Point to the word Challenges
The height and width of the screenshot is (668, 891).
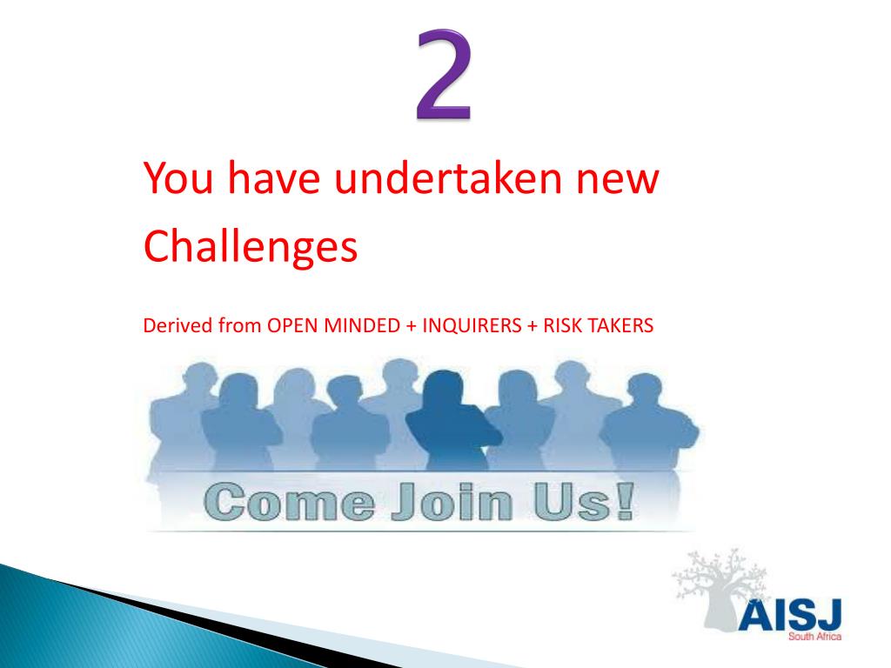tap(251, 247)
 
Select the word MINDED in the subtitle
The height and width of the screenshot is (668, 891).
tap(361, 326)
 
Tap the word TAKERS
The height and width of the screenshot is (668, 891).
tap(620, 326)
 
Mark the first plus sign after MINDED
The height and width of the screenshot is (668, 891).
tap(409, 327)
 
